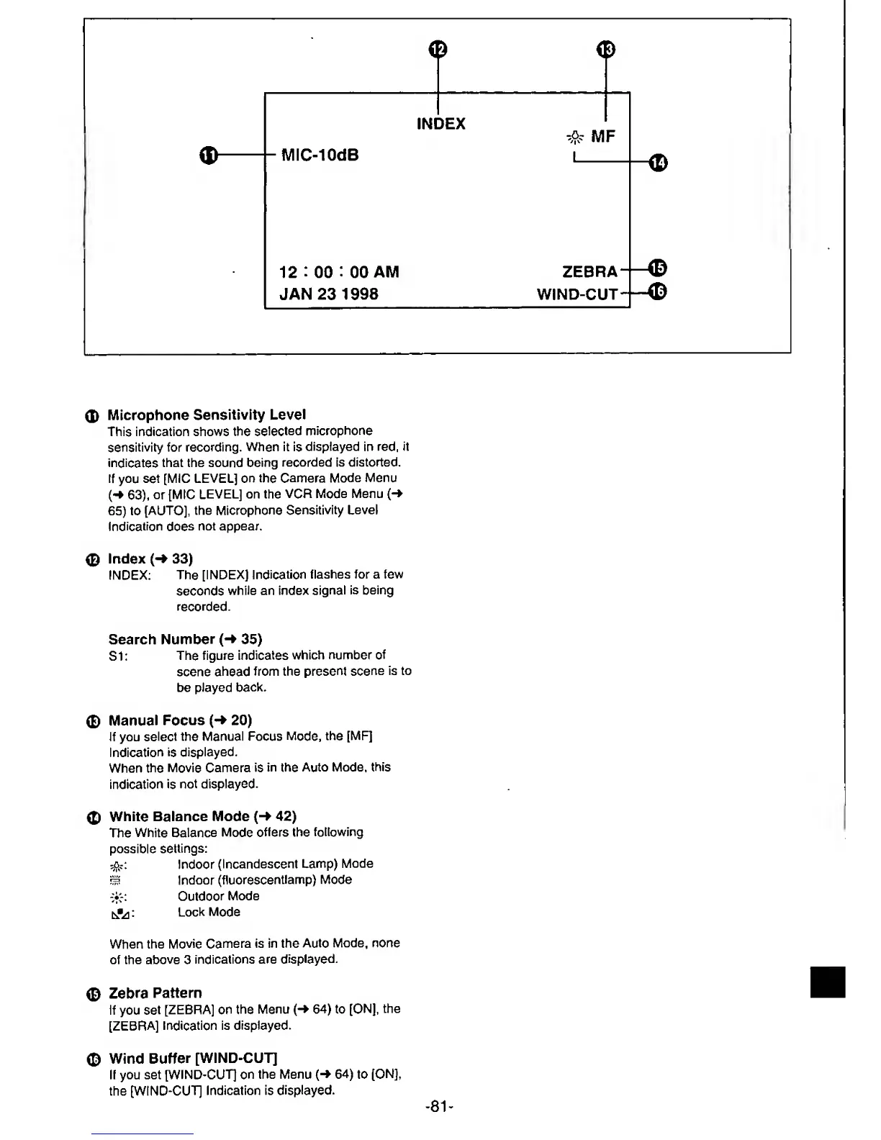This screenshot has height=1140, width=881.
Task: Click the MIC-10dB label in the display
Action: click(320, 155)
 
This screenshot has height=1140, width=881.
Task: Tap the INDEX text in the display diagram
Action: click(441, 124)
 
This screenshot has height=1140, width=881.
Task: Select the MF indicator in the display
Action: click(603, 137)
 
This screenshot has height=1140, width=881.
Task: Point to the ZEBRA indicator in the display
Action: click(589, 272)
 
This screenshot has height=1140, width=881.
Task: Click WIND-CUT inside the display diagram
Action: click(577, 294)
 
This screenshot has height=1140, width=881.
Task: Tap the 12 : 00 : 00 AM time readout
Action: click(338, 272)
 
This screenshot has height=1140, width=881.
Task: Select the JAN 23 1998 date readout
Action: click(328, 294)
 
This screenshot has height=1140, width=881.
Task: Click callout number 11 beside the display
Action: click(208, 155)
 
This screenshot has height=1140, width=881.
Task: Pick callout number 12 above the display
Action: click(438, 49)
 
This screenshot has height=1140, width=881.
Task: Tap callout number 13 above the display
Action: click(606, 49)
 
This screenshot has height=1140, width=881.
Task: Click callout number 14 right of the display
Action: click(658, 163)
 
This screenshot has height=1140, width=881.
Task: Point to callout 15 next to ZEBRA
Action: click(658, 268)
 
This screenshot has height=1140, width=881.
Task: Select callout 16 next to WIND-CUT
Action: click(658, 291)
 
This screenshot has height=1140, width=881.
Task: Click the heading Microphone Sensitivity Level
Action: click(207, 415)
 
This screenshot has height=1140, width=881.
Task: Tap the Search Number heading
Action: click(185, 640)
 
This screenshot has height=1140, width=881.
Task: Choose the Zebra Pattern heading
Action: click(155, 993)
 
